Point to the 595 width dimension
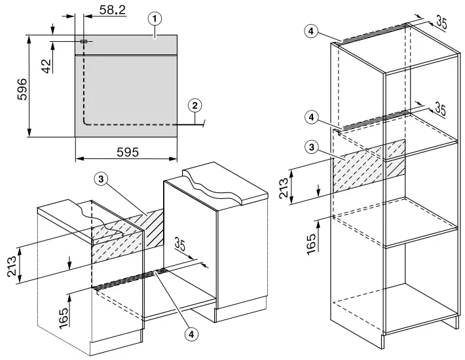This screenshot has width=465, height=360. pyautogui.click(x=127, y=151)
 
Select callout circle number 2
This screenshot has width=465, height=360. pyautogui.click(x=194, y=104)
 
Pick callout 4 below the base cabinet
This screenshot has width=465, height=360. pyautogui.click(x=191, y=334)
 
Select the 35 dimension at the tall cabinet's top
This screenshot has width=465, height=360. pyautogui.click(x=441, y=24)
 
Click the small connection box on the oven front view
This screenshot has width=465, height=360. pyautogui.click(x=83, y=41)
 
